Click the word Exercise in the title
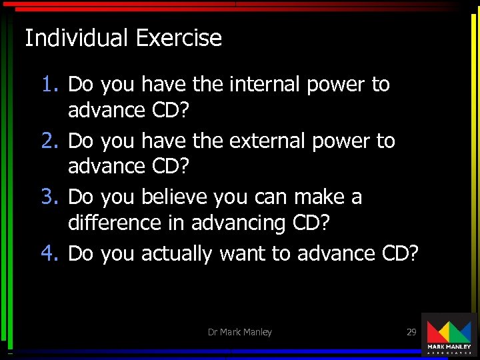pos(179,38)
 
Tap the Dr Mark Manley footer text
pos(239,332)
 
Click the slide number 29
pos(411,332)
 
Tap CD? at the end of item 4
pos(401,254)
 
